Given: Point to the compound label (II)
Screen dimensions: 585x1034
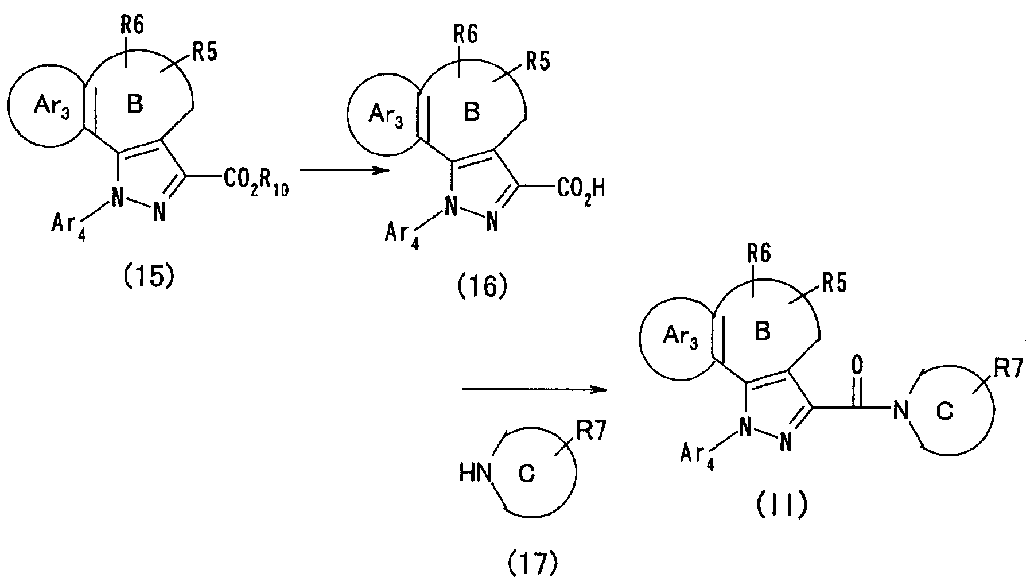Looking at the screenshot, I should point(782,505).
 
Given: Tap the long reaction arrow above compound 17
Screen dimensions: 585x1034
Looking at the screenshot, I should point(535,390).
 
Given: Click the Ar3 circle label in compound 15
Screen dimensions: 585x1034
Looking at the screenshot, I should point(52,107).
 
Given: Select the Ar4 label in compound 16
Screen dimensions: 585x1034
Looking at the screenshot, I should point(402,236).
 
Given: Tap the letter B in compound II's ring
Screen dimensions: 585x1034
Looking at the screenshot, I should point(762,332).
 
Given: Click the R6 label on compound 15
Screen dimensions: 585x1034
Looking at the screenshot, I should point(132,25).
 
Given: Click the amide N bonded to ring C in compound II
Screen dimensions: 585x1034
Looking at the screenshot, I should point(901,410).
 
